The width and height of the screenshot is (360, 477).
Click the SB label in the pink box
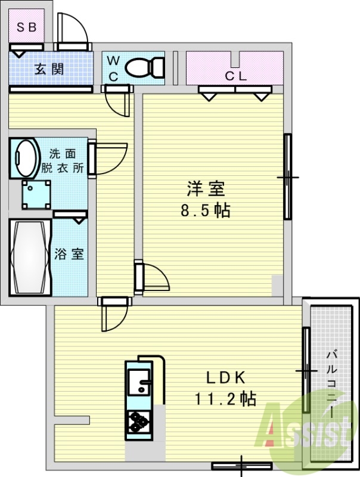tap(26, 26)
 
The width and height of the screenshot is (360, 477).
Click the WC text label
tap(113, 68)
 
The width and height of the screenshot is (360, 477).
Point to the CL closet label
tap(235, 76)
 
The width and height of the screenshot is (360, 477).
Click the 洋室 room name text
tap(206, 189)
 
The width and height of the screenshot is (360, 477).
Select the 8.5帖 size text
tap(206, 210)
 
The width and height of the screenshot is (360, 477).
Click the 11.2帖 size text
tap(225, 398)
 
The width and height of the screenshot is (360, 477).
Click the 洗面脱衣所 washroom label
tap(62, 160)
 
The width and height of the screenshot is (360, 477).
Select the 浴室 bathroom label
tap(69, 253)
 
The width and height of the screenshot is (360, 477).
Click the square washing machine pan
tap(36, 194)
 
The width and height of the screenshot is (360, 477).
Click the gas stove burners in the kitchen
tap(139, 422)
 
